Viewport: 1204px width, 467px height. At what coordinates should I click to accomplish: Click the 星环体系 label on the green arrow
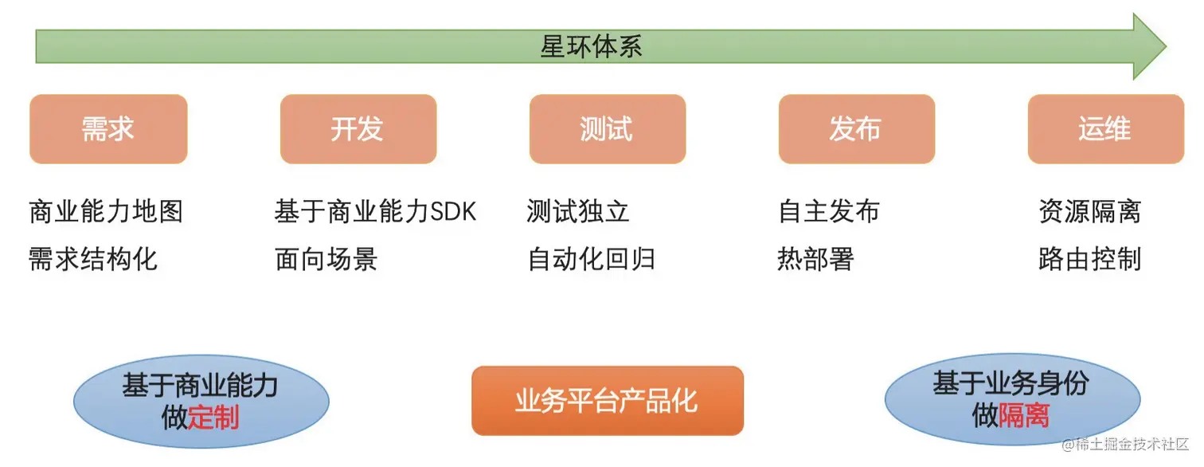pos(591,46)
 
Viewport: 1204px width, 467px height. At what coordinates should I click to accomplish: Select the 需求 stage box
pos(108,129)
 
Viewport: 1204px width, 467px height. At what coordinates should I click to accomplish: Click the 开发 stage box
pos(358,129)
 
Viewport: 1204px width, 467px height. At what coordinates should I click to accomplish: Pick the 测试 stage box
pos(607,129)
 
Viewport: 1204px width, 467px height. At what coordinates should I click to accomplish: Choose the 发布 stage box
pos(856,129)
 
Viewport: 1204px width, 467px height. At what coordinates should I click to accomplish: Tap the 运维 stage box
pos(1105,129)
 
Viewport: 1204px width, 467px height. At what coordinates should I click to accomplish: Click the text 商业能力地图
pos(106,211)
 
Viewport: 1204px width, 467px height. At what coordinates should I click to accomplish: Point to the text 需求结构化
pos(93,259)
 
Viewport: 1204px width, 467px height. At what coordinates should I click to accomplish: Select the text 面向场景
pos(326,259)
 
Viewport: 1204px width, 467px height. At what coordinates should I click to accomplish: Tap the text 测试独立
pos(578,211)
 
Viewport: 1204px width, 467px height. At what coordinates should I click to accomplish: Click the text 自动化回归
pos(591,259)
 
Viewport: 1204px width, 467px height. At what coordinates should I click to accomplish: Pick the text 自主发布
pos(829,211)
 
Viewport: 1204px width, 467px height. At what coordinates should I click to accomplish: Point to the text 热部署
pos(815,259)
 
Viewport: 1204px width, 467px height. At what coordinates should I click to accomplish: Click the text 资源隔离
pos(1089,211)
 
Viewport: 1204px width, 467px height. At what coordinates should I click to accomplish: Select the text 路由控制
pos(1089,259)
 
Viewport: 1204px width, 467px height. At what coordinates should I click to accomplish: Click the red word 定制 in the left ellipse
pos(213,418)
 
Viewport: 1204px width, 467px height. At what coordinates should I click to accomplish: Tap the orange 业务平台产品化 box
pos(607,400)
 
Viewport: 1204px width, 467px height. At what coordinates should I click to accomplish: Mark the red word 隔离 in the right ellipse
pos(1024,414)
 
